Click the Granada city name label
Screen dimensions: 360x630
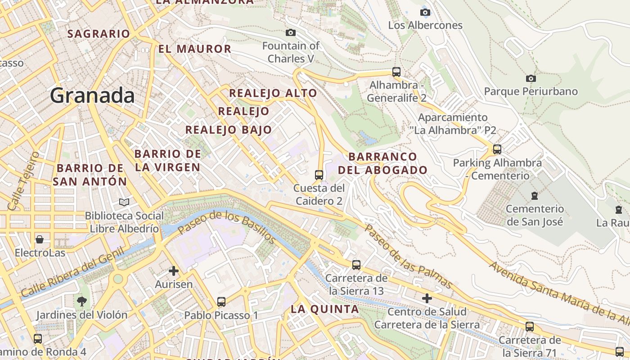[x=92, y=96]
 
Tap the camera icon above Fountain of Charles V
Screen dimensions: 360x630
[x=291, y=32]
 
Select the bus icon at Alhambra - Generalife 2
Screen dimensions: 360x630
[x=396, y=72]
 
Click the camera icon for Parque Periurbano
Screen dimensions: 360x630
[x=531, y=78]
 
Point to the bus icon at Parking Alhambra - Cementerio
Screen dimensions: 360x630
[x=497, y=149]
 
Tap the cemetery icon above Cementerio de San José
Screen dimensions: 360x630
[x=534, y=195]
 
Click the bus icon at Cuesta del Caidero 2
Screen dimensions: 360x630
[x=319, y=175]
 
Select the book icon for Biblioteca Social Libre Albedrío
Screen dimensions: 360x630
[x=124, y=202]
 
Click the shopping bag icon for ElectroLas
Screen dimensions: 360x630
[x=40, y=239]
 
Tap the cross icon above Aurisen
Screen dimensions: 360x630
[x=173, y=271]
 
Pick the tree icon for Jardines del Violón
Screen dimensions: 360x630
[x=82, y=301]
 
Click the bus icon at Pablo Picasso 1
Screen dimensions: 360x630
[x=221, y=301]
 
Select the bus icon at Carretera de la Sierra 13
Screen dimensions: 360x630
[x=356, y=265]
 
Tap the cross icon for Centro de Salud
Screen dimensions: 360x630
[x=427, y=298]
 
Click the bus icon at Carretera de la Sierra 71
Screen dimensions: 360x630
[x=530, y=326]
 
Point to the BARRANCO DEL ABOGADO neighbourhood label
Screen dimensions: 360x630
[x=382, y=163]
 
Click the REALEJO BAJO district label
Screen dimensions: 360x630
[x=229, y=130]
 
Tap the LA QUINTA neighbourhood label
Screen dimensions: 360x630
[x=324, y=309]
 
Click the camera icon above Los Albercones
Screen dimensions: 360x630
[x=425, y=12]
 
